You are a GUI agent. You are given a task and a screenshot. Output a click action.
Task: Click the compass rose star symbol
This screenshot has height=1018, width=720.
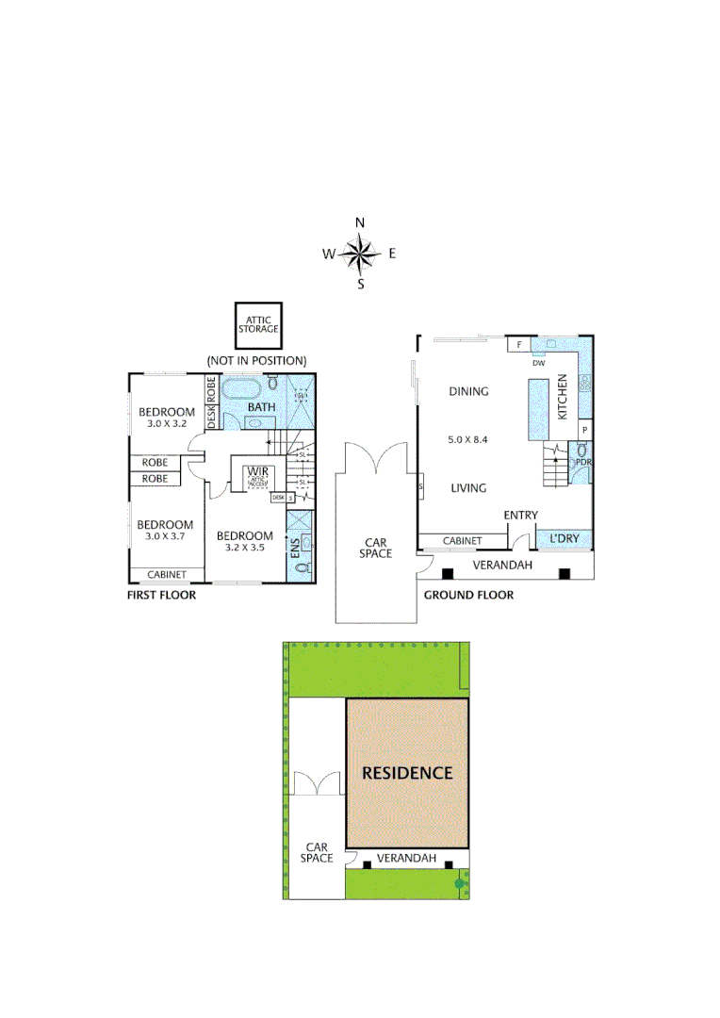pos(359,253)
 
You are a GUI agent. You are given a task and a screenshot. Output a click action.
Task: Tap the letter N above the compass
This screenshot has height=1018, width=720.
pos(359,222)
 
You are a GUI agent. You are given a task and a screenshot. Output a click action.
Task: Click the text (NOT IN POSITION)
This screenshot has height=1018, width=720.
pos(257,360)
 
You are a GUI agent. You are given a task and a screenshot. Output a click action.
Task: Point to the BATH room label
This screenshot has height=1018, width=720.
pos(261,407)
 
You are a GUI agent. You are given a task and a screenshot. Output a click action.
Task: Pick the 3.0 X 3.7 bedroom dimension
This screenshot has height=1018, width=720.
pos(165,537)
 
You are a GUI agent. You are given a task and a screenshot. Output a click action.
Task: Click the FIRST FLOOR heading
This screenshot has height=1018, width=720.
pos(161,596)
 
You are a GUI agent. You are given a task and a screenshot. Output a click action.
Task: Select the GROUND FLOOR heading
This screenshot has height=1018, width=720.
pos(468,595)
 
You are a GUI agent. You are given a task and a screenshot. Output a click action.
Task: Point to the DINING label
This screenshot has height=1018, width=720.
pos(468,391)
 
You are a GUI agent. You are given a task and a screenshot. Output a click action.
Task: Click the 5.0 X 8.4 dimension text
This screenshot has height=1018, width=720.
pos(468,439)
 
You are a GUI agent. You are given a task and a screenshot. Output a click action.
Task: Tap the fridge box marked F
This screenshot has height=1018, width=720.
pos(517,345)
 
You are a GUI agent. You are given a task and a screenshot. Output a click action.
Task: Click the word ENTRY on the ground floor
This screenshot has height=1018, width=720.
pos(520,515)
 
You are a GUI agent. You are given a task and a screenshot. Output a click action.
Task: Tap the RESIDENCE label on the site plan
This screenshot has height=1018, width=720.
pos(407,773)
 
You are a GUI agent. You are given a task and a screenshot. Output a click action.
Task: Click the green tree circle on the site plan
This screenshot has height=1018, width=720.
pos(460,883)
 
